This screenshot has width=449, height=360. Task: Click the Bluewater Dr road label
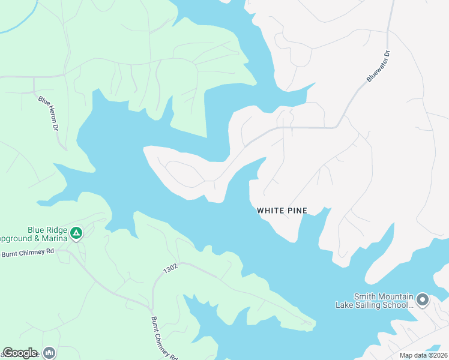(x=379, y=67)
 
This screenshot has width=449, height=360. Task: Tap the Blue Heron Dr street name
(x=47, y=114)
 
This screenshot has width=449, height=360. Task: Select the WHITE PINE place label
(x=282, y=211)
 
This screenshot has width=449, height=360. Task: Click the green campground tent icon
(x=76, y=233)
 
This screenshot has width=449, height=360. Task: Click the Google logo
(x=20, y=353)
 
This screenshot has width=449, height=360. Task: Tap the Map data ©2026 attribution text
(x=423, y=355)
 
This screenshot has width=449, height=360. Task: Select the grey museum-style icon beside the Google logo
(x=49, y=353)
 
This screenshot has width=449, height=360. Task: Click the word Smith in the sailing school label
(x=364, y=296)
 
